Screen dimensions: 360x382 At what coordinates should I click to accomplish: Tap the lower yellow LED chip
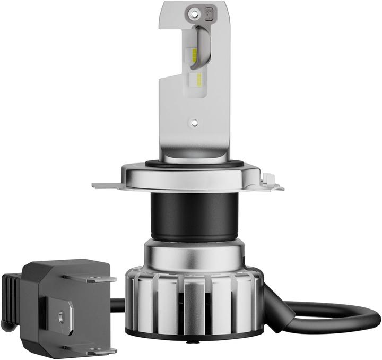tap(197, 80)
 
